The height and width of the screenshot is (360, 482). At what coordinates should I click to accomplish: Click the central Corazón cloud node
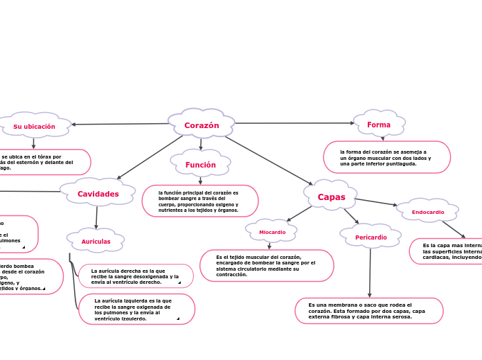(x=202, y=125)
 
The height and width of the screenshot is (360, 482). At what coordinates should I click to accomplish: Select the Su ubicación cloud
(x=35, y=126)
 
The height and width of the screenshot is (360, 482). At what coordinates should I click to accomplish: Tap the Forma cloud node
(x=379, y=125)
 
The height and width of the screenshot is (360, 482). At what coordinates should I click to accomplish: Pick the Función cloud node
(x=200, y=164)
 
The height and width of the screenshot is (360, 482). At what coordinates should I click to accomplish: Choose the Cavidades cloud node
(x=98, y=193)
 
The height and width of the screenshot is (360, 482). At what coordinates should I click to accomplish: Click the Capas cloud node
(x=331, y=197)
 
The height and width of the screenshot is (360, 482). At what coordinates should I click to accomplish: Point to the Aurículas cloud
(x=96, y=241)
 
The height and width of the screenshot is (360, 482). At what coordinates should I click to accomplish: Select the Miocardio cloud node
(x=271, y=231)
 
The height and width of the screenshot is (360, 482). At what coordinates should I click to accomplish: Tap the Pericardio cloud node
(x=371, y=237)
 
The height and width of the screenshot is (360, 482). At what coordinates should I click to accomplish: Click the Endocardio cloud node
(x=427, y=211)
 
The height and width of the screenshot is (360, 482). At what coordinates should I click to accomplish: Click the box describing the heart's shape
(x=386, y=157)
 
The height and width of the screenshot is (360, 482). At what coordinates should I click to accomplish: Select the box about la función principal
(x=200, y=201)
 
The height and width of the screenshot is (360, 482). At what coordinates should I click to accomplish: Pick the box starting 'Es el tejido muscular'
(x=267, y=266)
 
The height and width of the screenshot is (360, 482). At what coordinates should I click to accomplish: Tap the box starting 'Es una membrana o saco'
(x=368, y=311)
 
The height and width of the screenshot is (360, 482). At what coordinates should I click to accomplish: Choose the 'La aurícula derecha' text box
(x=136, y=276)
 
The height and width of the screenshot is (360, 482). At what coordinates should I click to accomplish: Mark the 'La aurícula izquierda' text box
(x=136, y=309)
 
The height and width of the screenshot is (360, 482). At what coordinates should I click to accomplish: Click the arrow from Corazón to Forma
(x=294, y=123)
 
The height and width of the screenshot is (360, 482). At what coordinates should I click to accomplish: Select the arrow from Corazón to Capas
(x=268, y=160)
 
